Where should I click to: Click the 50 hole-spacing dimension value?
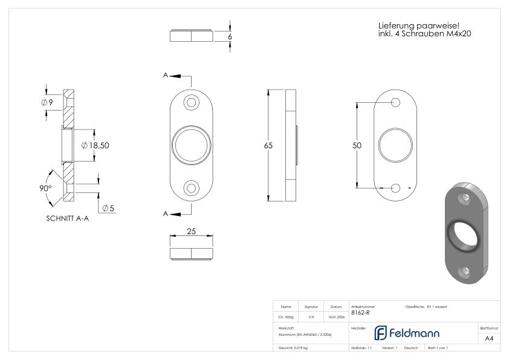(358, 146)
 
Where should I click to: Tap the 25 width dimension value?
(192, 231)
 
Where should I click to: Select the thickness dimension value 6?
(230, 36)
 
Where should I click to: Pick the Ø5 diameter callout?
(108, 208)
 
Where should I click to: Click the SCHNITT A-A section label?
(67, 219)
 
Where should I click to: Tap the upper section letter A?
(165, 76)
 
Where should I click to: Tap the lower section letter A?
(165, 214)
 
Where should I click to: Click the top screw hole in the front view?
(192, 102)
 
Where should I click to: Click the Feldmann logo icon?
(381, 333)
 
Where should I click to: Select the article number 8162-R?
(360, 313)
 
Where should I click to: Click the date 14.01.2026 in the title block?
(336, 316)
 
